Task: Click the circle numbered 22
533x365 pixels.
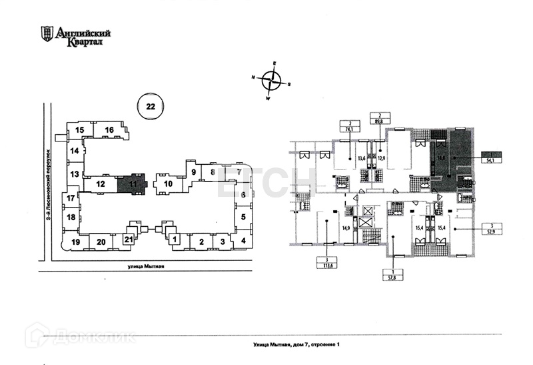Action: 151,106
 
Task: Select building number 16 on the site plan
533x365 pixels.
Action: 109,129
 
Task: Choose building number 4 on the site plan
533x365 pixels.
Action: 244,240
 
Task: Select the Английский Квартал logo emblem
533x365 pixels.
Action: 47,33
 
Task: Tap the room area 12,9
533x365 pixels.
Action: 382,158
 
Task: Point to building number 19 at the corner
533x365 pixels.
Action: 76,242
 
